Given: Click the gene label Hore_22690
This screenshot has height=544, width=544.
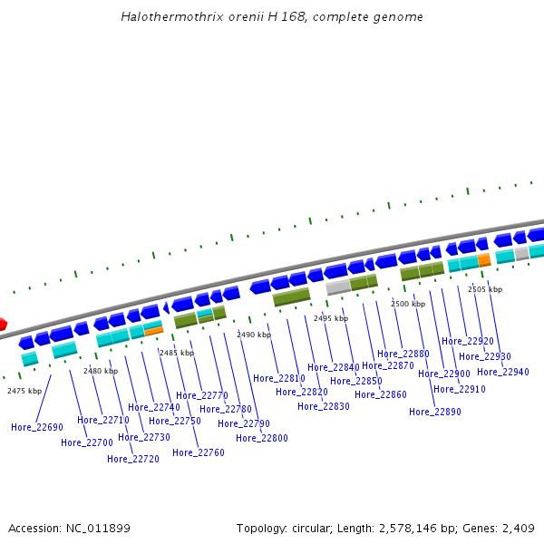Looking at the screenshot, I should (x=37, y=427).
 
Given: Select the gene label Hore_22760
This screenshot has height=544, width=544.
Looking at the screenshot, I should (x=199, y=452).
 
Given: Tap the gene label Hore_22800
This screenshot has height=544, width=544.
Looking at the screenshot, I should (x=262, y=438).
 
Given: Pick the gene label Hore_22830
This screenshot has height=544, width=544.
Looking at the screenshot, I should (x=324, y=406).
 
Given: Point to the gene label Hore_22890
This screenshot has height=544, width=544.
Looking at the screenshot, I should (x=435, y=412).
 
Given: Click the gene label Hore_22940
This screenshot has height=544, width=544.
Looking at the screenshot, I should (x=503, y=372).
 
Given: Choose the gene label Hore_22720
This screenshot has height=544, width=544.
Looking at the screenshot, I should (x=133, y=459).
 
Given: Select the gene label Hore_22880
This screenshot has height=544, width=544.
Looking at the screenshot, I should (x=403, y=354).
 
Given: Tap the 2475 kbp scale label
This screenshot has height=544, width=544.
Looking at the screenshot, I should (x=24, y=391).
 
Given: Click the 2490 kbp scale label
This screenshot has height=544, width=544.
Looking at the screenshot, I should (x=254, y=335).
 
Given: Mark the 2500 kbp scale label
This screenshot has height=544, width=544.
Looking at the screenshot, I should (x=408, y=305).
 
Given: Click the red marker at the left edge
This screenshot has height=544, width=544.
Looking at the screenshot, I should (x=3, y=324).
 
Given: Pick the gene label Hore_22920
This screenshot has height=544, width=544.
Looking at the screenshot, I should (x=468, y=341).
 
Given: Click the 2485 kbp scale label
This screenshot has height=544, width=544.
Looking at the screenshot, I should (x=176, y=353).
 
